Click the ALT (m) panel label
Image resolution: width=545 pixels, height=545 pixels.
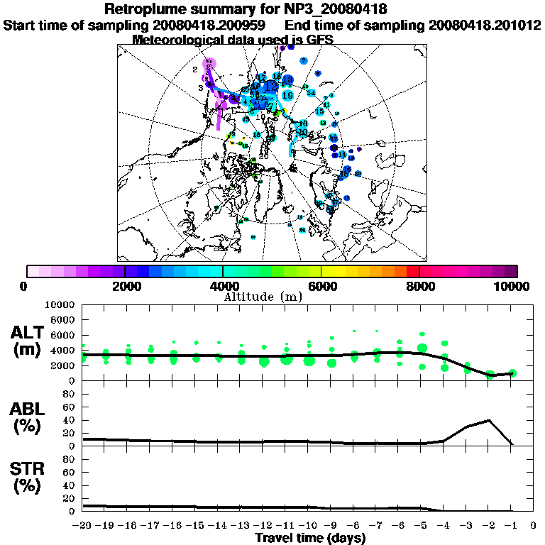coord(29,341)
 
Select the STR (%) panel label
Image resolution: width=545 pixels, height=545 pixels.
coord(29,477)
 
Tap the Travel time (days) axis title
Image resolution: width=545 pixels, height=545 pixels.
coord(310,538)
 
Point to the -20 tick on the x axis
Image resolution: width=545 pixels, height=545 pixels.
coord(83,526)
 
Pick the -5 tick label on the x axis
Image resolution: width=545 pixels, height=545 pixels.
coord(422,526)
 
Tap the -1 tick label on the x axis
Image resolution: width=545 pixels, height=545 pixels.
coord(512,526)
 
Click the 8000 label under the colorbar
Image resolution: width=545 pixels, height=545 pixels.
coord(419,286)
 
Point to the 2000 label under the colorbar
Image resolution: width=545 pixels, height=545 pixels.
coord(125,286)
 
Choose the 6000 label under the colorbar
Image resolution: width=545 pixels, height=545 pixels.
coord(321,286)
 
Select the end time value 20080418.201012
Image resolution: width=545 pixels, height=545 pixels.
coord(485,26)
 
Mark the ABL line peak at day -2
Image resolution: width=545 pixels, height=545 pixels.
coord(490,420)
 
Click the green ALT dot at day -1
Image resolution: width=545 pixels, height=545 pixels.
coord(512,373)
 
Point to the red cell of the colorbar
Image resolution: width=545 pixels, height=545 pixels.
coord(413,271)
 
